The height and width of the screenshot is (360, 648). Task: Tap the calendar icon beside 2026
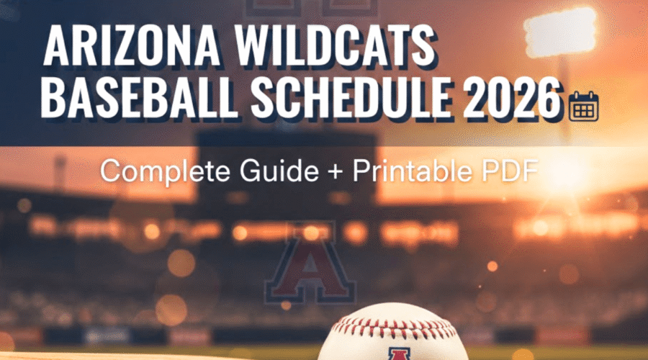click(583, 106)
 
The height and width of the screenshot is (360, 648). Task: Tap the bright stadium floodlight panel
click(559, 32)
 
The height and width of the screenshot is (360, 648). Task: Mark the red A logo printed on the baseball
click(395, 351)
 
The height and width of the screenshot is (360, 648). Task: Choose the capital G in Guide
click(256, 171)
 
